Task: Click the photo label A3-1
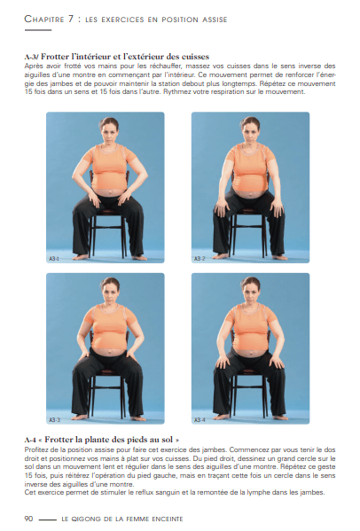tap(54, 259)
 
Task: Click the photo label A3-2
tap(200, 259)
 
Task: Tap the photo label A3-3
tap(54, 420)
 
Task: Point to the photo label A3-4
tap(200, 420)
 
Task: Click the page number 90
tap(28, 519)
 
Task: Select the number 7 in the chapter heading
tap(71, 19)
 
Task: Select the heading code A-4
tap(30, 441)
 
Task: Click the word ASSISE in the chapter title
tap(215, 20)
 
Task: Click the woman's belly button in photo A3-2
tap(250, 195)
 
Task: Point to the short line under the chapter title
tap(38, 30)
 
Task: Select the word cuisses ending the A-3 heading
tap(195, 56)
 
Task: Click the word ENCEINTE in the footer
tap(168, 519)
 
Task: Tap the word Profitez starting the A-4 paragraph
tap(35, 449)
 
